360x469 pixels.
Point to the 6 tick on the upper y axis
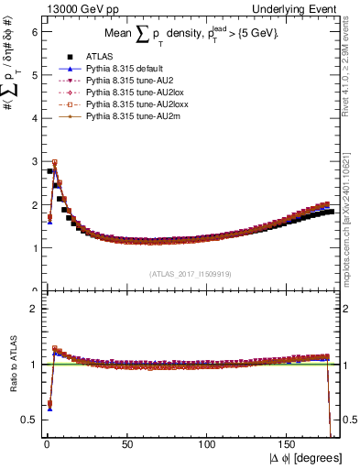pos(35,31)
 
